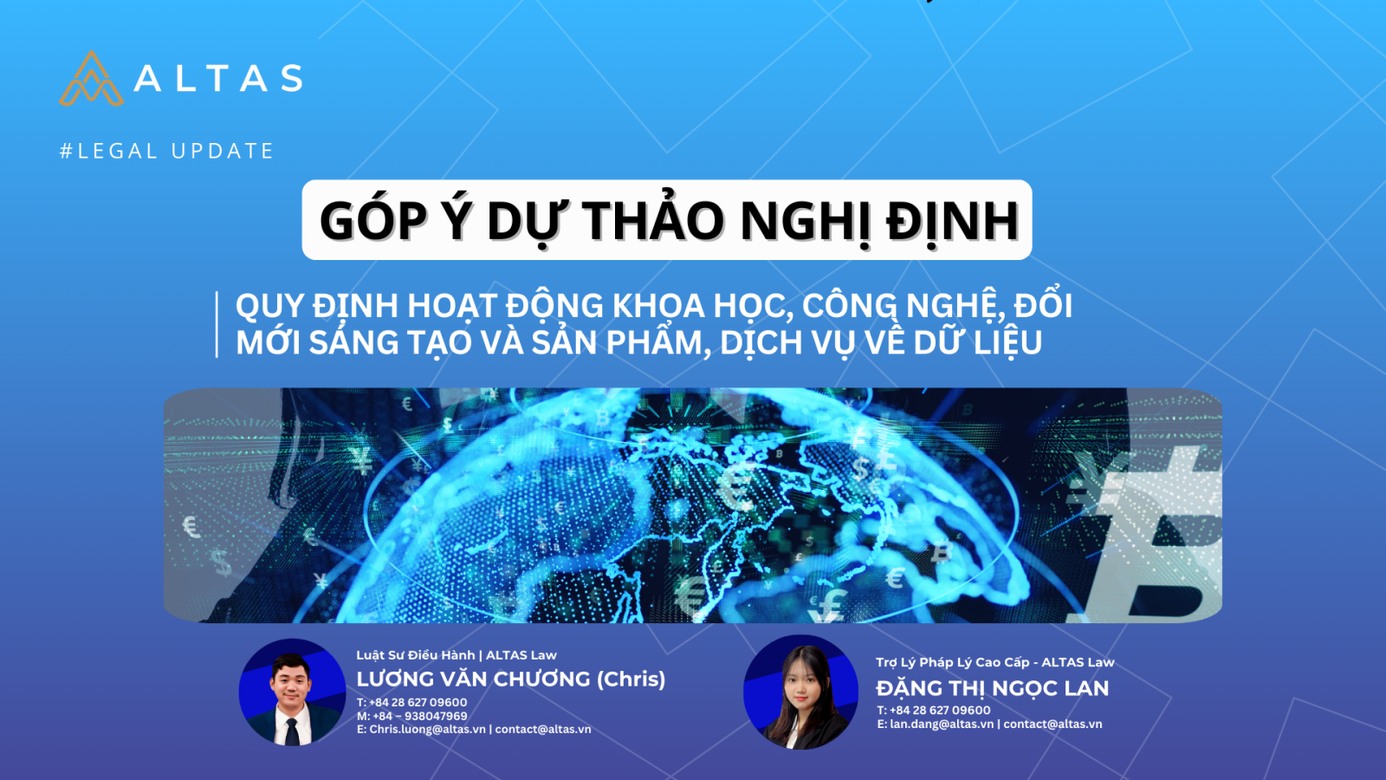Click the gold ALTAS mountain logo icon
[92, 79]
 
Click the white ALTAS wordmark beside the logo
[218, 79]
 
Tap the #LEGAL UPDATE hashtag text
[166, 151]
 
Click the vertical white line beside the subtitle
[217, 324]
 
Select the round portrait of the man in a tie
[292, 692]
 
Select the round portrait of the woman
[800, 692]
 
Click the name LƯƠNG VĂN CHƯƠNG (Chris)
[511, 679]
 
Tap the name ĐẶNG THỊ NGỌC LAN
[993, 688]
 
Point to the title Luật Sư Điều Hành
[416, 655]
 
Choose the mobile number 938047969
[436, 716]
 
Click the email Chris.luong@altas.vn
[428, 729]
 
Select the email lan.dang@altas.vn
[942, 724]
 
